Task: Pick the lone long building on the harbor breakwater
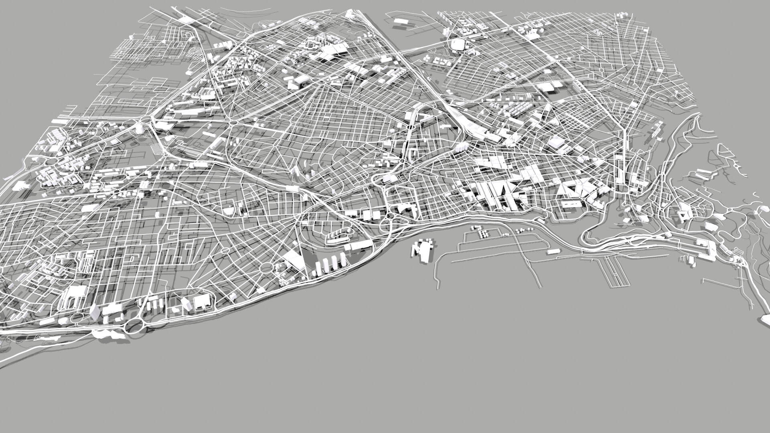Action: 552,251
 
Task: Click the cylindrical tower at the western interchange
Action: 139,129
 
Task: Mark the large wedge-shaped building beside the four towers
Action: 295,260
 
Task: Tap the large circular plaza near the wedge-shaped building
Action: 265,268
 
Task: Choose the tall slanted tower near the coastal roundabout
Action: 95,312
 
